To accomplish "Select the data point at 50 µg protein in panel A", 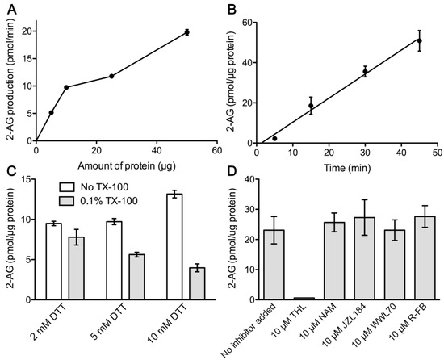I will point(187,32).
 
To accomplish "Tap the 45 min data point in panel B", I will point(418,40).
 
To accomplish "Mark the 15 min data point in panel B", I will point(311,106).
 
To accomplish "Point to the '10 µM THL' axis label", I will point(300,323).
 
